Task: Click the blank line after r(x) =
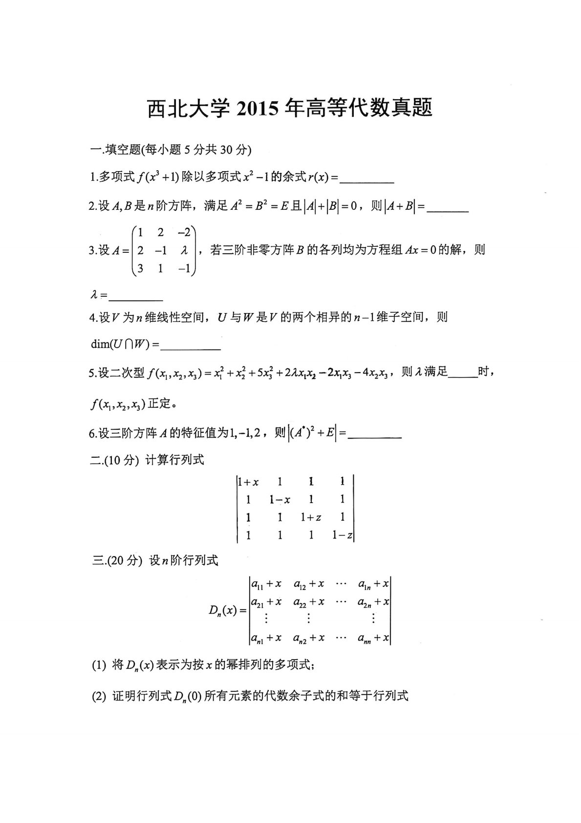pos(366,181)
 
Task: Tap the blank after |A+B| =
pos(448,209)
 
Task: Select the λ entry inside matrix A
pos(184,250)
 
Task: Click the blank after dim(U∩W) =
pos(191,347)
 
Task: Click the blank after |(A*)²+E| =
pos(375,435)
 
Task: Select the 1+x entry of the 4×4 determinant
pos(249,482)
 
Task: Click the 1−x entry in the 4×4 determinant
pos(280,500)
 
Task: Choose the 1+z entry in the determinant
pos(311,517)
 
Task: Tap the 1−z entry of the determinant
pos(342,535)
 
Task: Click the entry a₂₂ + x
pos(309,602)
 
